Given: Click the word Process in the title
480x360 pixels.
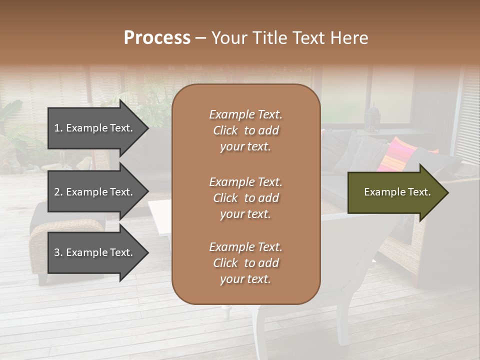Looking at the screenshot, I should [157, 38].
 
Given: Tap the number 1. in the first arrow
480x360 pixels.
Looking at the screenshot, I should [58, 128].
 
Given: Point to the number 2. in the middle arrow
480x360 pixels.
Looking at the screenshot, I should [58, 192].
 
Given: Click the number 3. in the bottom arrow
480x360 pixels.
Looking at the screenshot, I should [58, 252].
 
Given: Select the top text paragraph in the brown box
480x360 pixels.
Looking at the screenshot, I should [245, 130].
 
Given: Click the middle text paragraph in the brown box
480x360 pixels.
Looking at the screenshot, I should [245, 198].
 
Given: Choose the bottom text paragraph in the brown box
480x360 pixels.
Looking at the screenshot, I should [245, 263].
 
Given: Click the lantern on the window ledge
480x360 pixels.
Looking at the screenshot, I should [372, 118].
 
